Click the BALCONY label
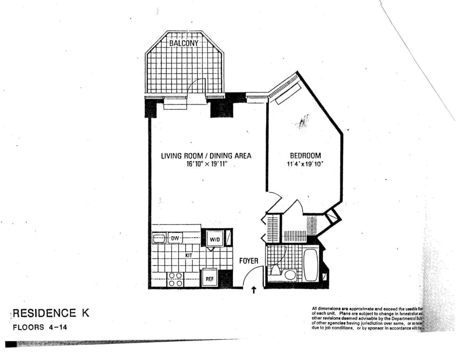coord(184,43)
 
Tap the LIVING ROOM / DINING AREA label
coord(206,156)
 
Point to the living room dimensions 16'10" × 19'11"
coord(206,164)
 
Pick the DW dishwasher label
coord(174,238)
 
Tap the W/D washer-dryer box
coord(213,238)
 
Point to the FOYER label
coord(249,260)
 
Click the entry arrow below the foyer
coord(254,290)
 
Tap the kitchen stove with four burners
coord(175,280)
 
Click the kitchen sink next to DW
coord(159,238)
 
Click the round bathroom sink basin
coord(290,274)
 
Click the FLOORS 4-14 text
coord(40,327)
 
